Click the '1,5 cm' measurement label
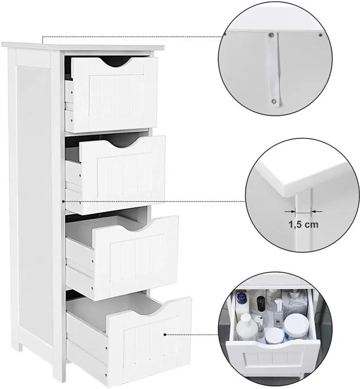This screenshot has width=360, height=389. [x=303, y=224]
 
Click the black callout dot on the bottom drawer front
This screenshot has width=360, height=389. [x=165, y=335]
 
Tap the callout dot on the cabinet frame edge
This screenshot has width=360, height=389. [x=63, y=201]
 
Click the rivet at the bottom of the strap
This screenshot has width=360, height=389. [x=274, y=101]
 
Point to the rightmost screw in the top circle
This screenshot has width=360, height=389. [x=320, y=35]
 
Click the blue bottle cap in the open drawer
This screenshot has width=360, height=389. [x=241, y=297]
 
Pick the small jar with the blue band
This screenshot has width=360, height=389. [x=274, y=336]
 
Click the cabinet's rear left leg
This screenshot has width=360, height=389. [x=20, y=344]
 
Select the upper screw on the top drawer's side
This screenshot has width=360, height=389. [x=72, y=92]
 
